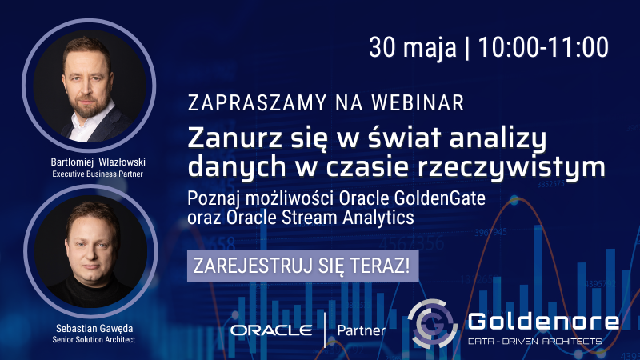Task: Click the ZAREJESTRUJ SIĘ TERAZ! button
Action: tap(303, 266)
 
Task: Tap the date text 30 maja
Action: tap(412, 47)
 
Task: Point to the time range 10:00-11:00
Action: tap(543, 47)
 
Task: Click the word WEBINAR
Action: tap(418, 103)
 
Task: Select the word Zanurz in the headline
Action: tap(234, 138)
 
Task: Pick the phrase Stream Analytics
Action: tap(348, 218)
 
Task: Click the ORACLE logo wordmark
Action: tap(271, 330)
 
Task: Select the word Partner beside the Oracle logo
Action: tap(362, 330)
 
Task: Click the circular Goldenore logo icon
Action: tap(432, 324)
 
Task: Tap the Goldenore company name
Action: tap(543, 322)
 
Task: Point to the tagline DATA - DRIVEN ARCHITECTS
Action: tap(534, 341)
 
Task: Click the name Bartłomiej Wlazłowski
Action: tap(98, 162)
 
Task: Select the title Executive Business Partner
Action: tap(98, 174)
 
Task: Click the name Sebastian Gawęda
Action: tap(94, 328)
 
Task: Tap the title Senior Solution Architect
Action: tap(94, 339)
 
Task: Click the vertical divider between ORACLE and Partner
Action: tap(325, 330)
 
